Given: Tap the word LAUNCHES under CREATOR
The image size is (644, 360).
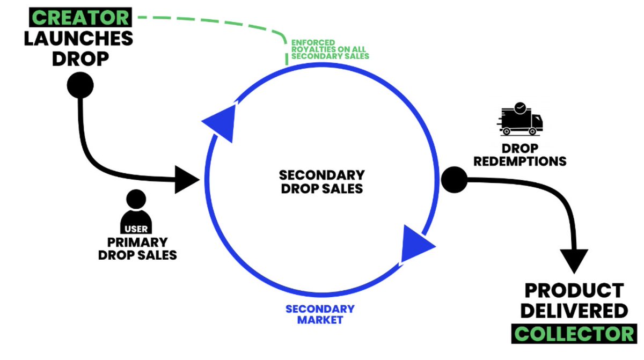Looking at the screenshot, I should tap(78, 38).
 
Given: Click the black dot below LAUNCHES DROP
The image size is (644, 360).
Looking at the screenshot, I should tap(80, 85).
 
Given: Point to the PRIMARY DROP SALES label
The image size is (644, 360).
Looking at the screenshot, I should tap(137, 248).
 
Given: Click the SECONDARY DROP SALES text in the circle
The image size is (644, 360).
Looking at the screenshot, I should tap(322, 182).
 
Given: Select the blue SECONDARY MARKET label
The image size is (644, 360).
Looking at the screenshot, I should tap(320, 314).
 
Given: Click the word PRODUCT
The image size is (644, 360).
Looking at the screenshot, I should tap(574, 290).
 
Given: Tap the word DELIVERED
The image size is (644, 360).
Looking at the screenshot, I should tap(574, 311).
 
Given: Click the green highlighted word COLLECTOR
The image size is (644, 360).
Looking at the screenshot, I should tap(574, 334).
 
